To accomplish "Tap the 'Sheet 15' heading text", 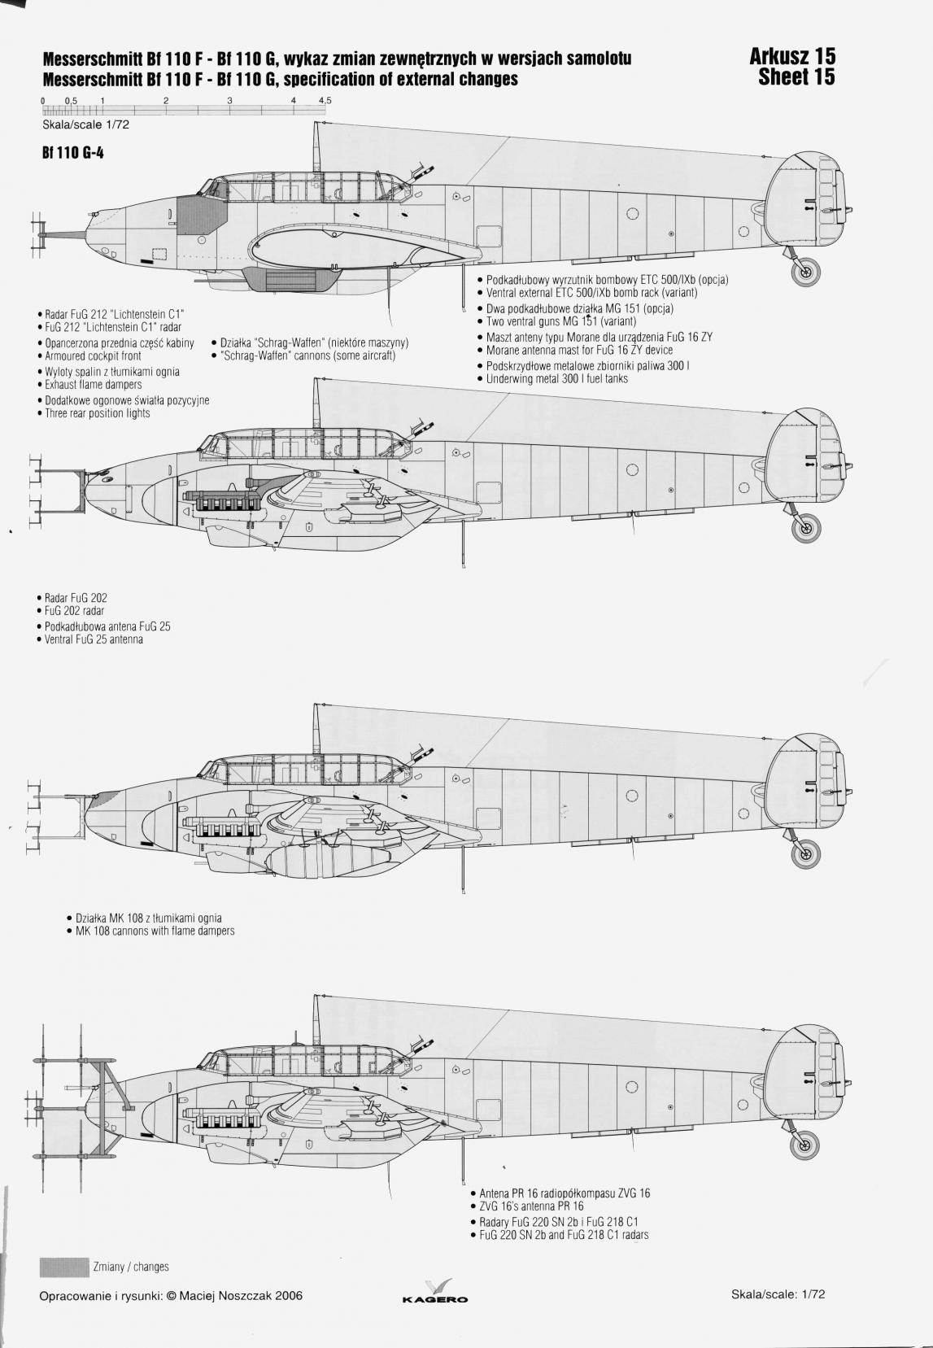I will [796, 77].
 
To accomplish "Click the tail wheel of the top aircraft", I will [806, 274].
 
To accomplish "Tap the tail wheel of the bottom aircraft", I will [806, 1145].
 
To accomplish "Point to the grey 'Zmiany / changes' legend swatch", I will [63, 1267].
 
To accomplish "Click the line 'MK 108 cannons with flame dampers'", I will [155, 931].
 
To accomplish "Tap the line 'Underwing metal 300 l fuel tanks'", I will [557, 379].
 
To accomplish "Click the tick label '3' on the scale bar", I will [230, 100].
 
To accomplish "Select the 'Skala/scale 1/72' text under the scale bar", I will [85, 125].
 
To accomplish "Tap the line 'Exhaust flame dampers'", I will [93, 385].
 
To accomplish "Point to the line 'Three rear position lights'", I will [98, 413].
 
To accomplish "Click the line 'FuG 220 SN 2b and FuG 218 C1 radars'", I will [564, 1235].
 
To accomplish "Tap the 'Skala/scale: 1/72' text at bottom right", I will [778, 1293].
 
